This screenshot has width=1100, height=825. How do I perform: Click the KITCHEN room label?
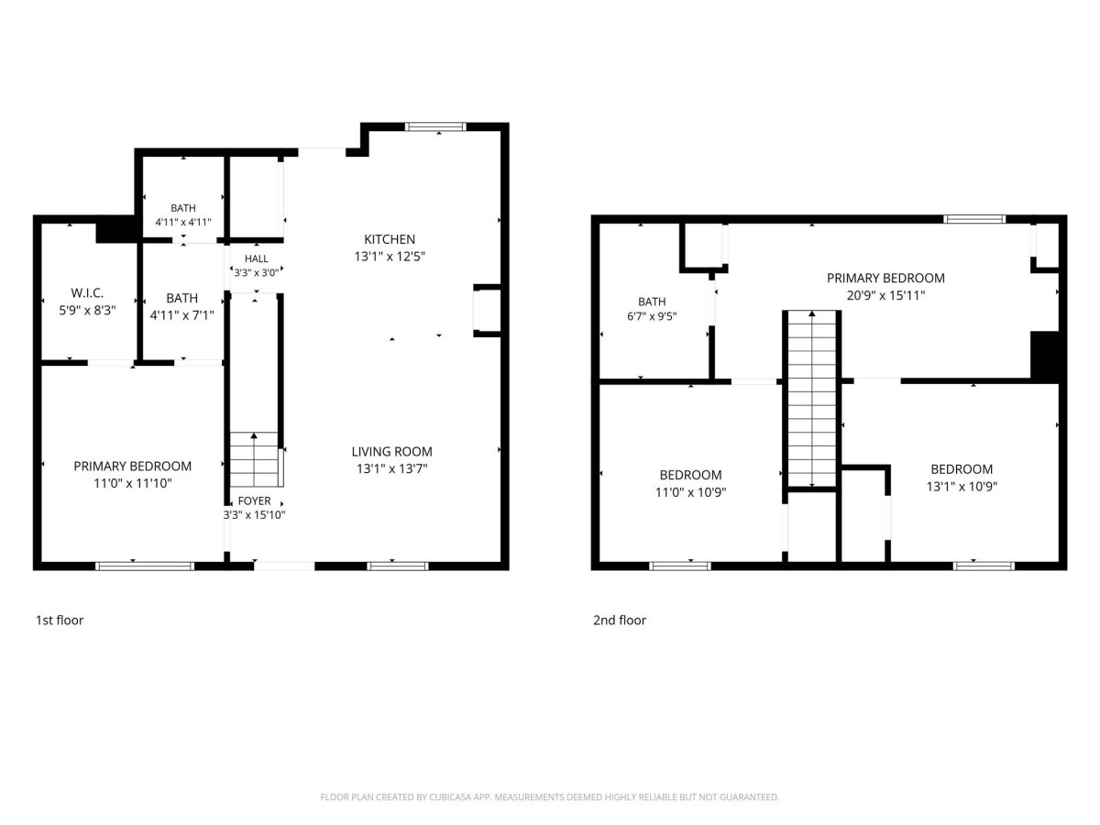coord(390,239)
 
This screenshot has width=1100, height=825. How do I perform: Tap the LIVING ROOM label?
coord(392,452)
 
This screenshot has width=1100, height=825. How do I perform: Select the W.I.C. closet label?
coord(87,293)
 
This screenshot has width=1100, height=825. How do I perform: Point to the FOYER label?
coord(254,500)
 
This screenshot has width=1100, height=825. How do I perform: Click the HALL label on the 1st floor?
coord(256,259)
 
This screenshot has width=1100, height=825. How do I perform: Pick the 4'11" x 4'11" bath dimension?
coord(183,222)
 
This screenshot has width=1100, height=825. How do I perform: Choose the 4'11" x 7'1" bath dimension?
coord(181,315)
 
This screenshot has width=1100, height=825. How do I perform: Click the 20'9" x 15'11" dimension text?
coord(885,295)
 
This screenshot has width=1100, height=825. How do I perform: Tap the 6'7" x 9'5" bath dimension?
coord(652,316)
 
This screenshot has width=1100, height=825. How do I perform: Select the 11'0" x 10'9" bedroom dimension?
coord(690,492)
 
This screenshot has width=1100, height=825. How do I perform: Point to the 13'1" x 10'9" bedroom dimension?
coord(962,487)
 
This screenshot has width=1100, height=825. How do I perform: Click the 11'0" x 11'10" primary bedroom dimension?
coord(133,483)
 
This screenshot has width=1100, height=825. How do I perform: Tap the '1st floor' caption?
coord(60,621)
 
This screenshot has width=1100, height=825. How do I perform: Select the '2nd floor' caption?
coord(620,621)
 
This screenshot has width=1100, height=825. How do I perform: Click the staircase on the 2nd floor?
coord(812,399)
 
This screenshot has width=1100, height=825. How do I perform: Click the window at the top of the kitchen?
coord(435,126)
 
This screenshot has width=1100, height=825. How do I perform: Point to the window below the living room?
coord(398,566)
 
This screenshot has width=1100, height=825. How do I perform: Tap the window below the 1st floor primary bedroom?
coord(145,566)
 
